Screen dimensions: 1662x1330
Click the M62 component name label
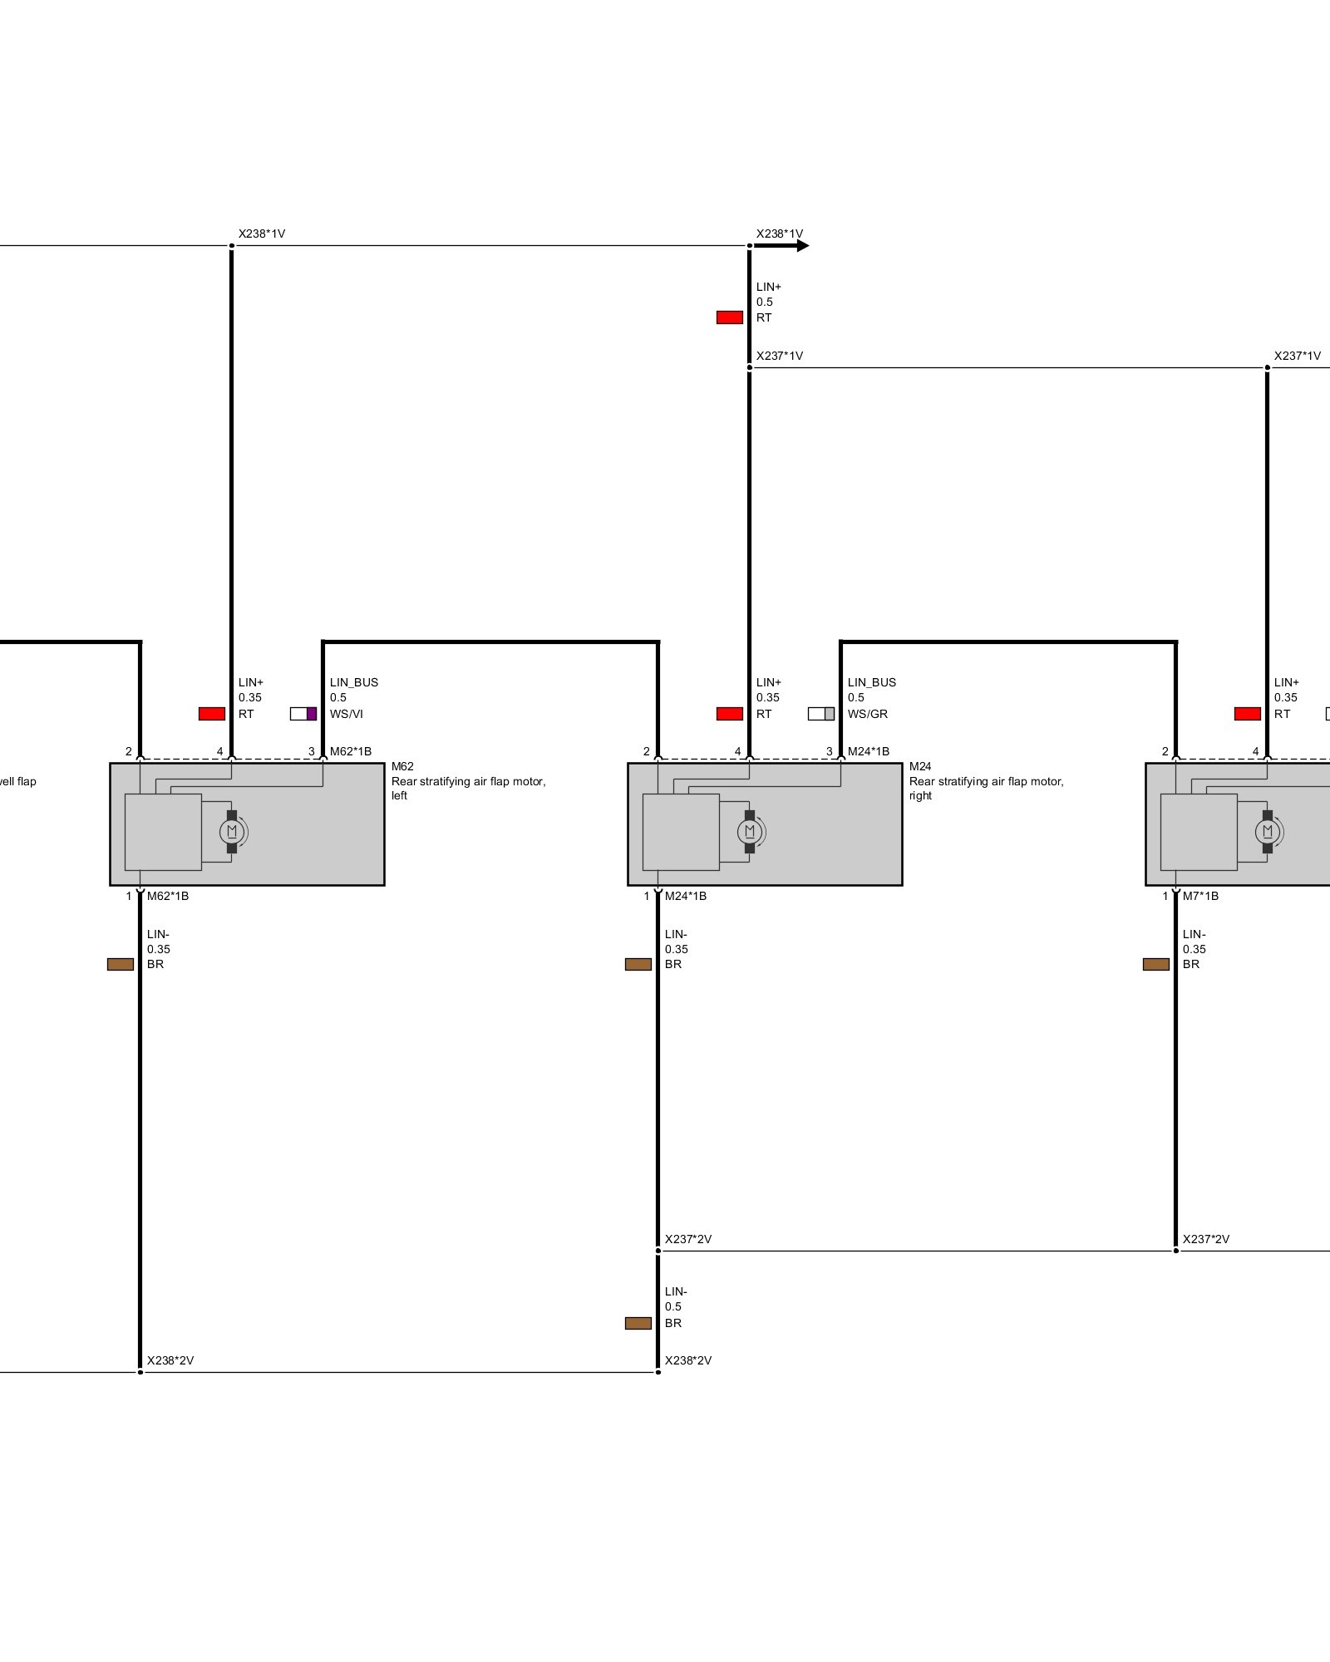click(402, 766)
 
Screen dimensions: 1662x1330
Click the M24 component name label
click(920, 766)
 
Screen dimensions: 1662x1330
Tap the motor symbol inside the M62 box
click(232, 831)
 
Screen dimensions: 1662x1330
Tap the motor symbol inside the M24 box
click(750, 831)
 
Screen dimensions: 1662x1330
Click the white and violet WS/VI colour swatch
click(303, 714)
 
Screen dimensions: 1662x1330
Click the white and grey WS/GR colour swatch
click(821, 714)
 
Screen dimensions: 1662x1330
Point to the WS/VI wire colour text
click(347, 714)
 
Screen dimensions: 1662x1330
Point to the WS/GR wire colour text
click(868, 714)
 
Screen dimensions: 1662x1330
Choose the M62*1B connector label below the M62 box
click(168, 896)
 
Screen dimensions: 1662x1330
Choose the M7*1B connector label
click(1201, 896)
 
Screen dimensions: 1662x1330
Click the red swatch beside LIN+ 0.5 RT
click(730, 317)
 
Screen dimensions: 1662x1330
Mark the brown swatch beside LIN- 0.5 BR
click(638, 1323)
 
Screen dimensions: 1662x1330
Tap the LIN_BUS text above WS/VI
click(354, 682)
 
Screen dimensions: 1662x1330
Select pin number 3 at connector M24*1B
click(829, 751)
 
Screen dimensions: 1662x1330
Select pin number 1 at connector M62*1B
click(129, 896)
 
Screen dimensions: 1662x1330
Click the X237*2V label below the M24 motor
click(688, 1239)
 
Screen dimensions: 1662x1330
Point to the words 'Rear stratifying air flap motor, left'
click(468, 788)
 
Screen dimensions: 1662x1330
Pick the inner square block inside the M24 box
click(681, 832)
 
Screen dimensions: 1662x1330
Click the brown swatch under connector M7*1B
click(1156, 964)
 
